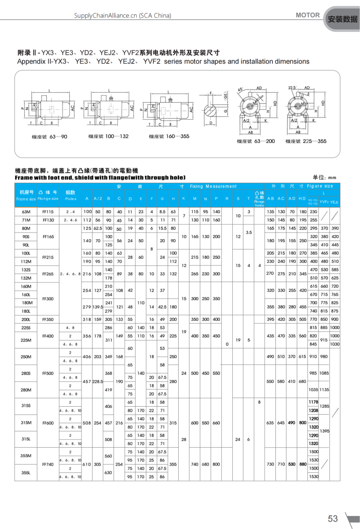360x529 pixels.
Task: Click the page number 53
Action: coord(333,519)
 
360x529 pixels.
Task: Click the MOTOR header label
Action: coord(308,15)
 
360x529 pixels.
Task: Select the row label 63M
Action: coord(26,211)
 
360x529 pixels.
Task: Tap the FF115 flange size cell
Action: coord(48,211)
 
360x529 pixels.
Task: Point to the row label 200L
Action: coord(26,319)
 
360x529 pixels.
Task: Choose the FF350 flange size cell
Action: coord(48,319)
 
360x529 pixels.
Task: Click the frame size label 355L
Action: coord(26,472)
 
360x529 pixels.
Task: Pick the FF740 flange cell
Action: coord(48,464)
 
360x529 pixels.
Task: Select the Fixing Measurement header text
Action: coord(213,186)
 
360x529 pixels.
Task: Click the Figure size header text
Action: coord(320,186)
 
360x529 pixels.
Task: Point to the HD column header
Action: coord(302,198)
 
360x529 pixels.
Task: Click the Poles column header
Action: coord(71,198)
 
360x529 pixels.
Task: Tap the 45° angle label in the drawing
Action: coord(240,90)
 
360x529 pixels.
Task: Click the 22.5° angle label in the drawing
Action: coord(292,88)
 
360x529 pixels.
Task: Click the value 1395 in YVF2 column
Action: coord(324,430)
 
